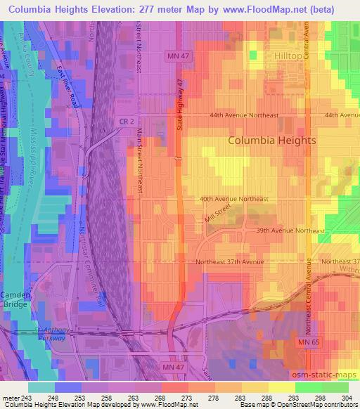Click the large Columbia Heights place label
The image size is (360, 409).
pyautogui.click(x=272, y=140)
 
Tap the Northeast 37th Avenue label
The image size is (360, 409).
pyautogui.click(x=230, y=261)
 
